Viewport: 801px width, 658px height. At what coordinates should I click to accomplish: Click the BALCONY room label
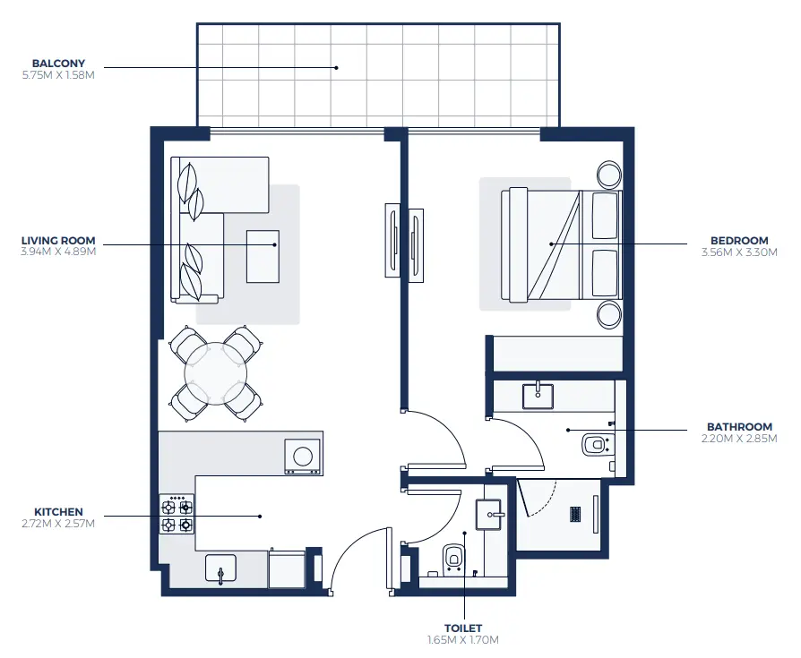click(58, 64)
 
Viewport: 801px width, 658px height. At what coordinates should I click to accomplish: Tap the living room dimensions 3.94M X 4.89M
click(58, 252)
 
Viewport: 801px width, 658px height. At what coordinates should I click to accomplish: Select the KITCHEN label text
click(58, 512)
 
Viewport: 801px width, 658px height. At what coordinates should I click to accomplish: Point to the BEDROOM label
click(739, 241)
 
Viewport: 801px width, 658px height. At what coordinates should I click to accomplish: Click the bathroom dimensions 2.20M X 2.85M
click(737, 439)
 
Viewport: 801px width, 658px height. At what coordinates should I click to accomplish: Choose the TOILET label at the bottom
click(462, 628)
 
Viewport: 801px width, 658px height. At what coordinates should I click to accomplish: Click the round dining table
click(216, 372)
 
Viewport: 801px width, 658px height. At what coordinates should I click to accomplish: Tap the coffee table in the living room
click(263, 256)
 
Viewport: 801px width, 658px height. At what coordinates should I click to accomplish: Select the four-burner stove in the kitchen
click(177, 515)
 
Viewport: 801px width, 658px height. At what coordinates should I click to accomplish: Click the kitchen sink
click(220, 570)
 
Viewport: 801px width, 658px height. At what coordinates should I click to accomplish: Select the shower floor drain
click(577, 514)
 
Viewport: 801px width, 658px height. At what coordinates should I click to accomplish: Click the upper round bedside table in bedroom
click(609, 175)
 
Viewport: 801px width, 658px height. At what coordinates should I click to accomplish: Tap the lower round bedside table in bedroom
click(609, 313)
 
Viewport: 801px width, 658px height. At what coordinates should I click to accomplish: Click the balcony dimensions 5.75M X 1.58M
click(58, 75)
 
